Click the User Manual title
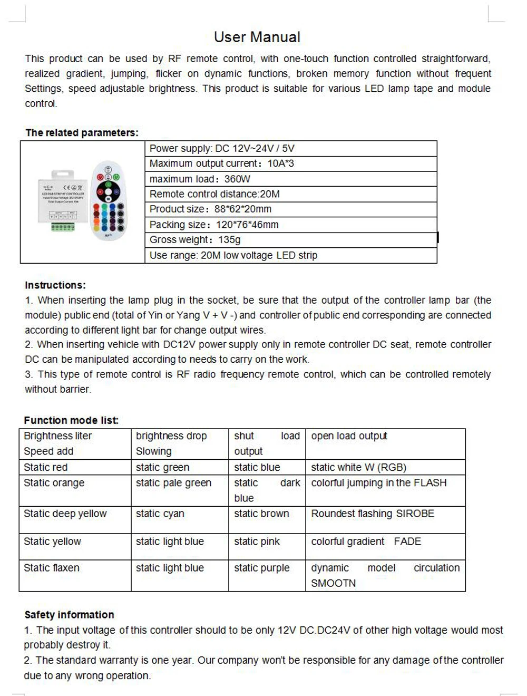[x=257, y=37]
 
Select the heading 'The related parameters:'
[x=82, y=133]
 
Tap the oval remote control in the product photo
[x=109, y=200]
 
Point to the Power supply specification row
[x=222, y=149]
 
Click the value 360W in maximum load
[x=237, y=179]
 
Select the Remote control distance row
[x=214, y=194]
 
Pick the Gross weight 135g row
[x=195, y=240]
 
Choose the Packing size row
[x=214, y=225]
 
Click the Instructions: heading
[x=55, y=285]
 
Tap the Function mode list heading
[x=71, y=420]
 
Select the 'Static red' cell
[x=45, y=467]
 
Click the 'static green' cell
[x=162, y=467]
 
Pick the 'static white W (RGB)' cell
[x=358, y=467]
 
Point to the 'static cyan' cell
[x=160, y=514]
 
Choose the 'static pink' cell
[x=257, y=542]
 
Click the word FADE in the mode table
[x=407, y=542]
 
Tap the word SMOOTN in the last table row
[x=333, y=583]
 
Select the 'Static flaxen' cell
[x=52, y=568]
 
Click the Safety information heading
[x=69, y=615]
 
